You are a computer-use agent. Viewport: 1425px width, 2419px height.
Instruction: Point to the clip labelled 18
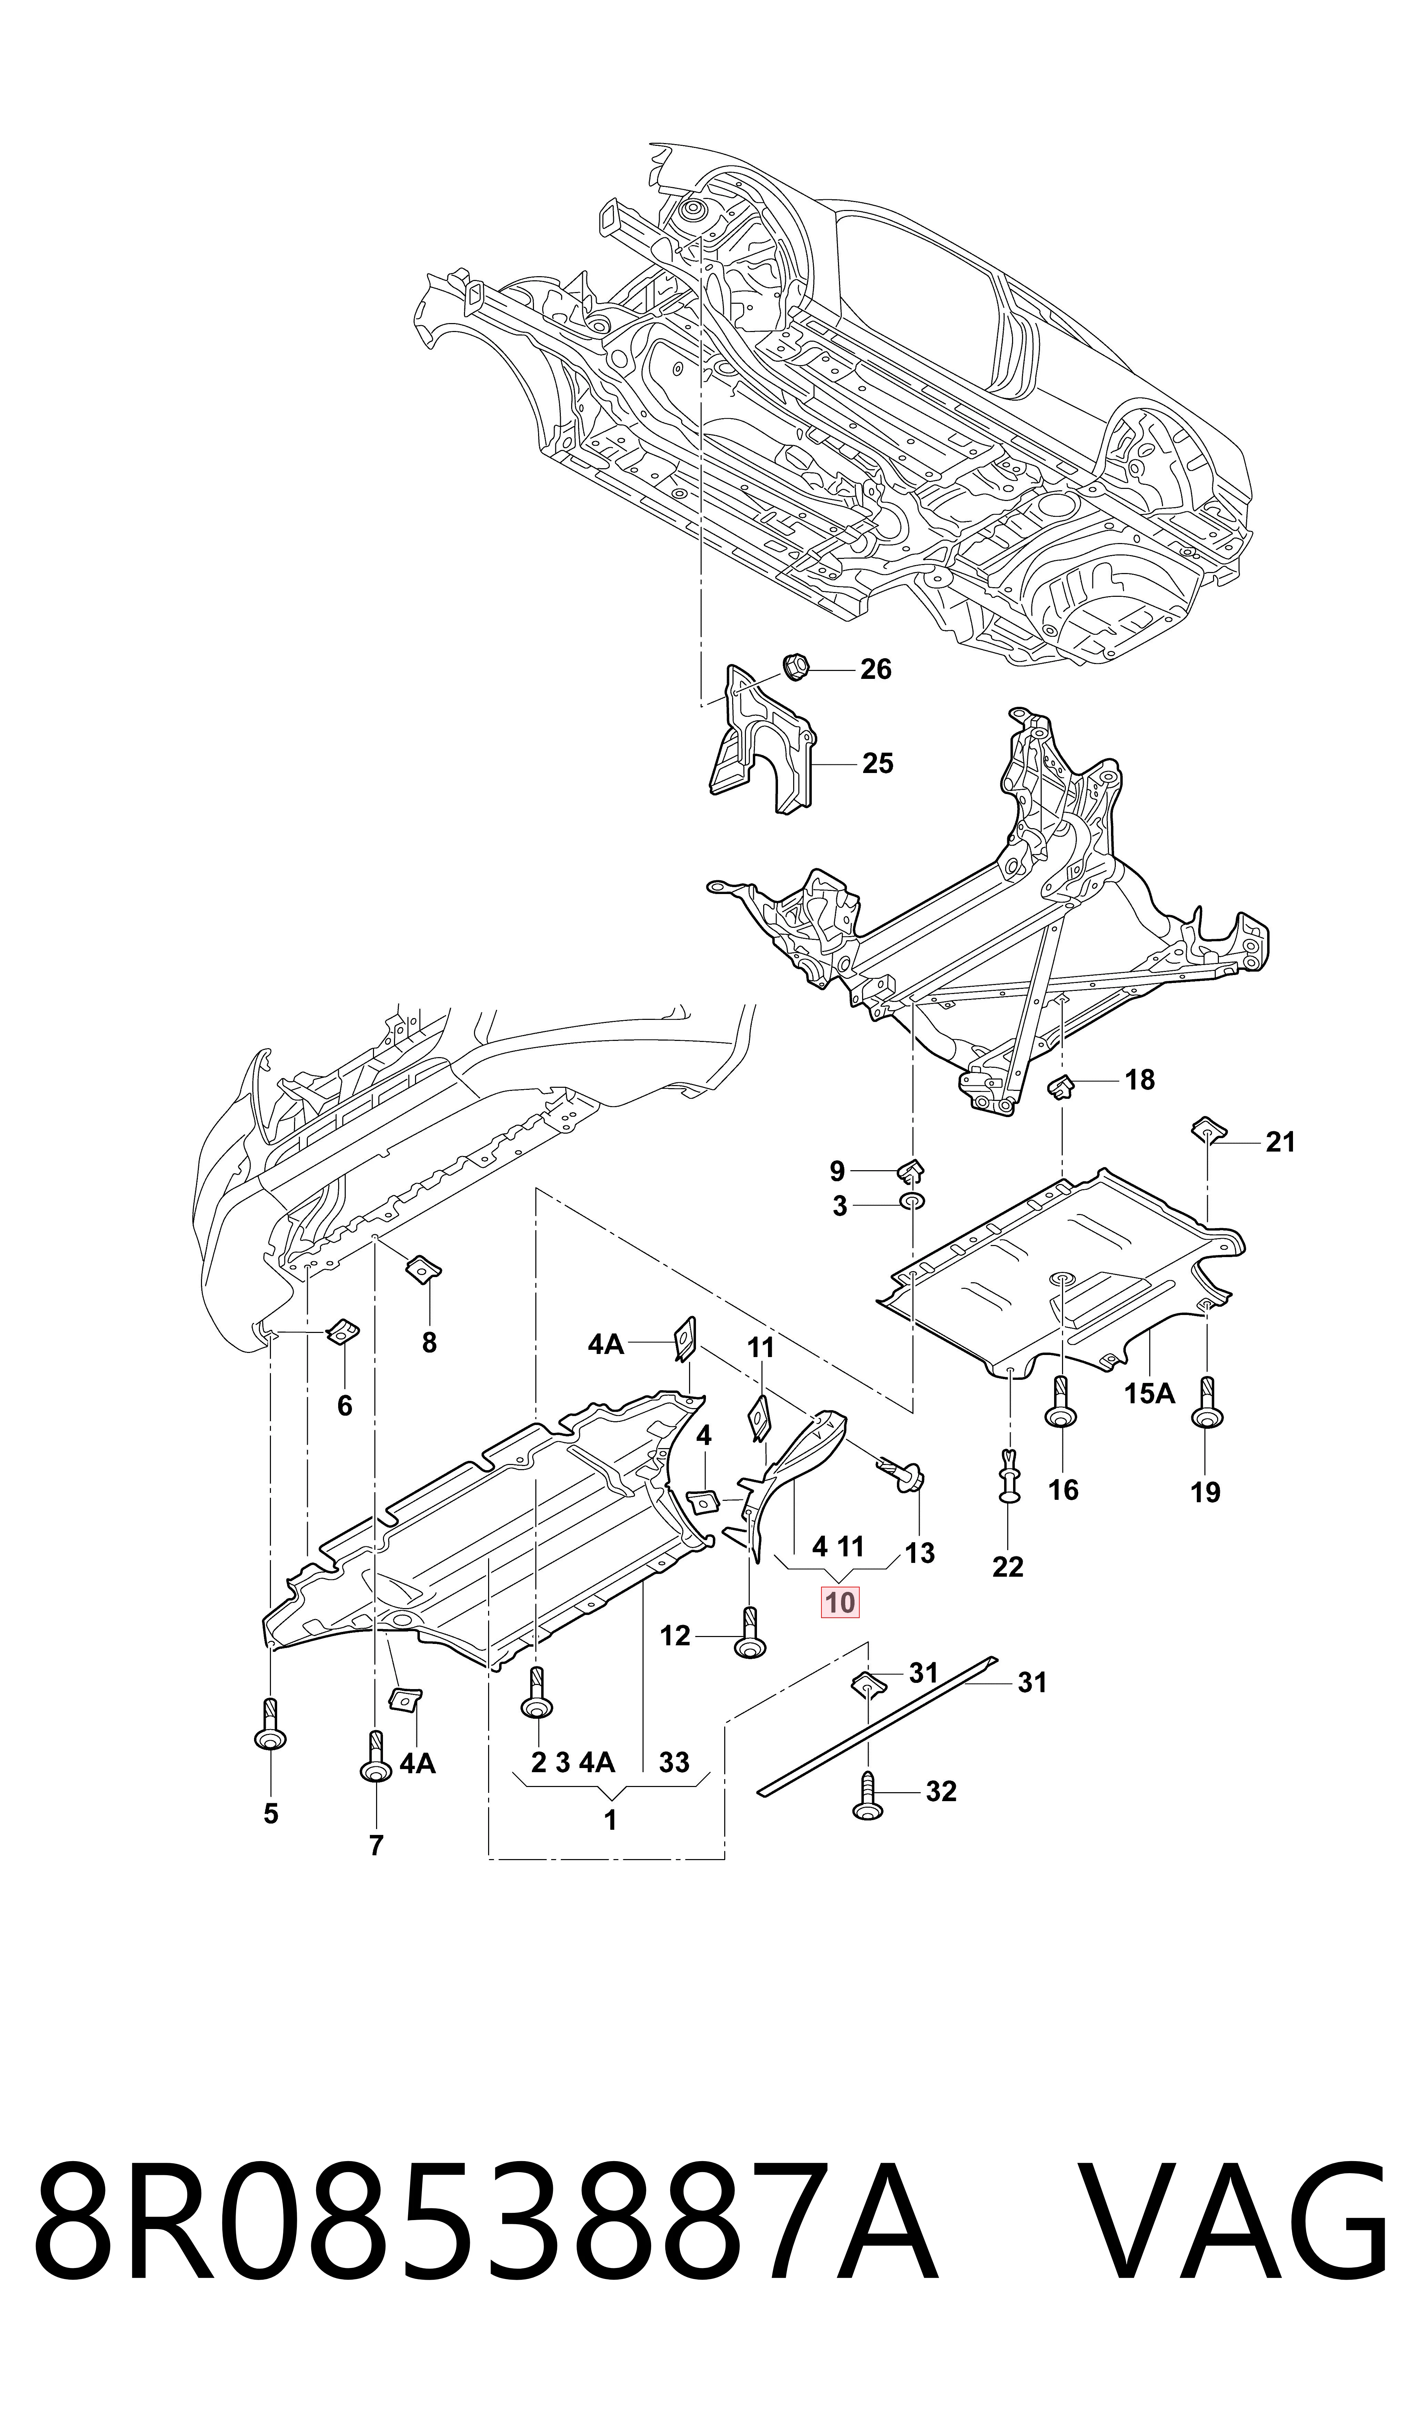[x=1060, y=1088]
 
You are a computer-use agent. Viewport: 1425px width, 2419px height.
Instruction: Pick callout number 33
[x=674, y=1762]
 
